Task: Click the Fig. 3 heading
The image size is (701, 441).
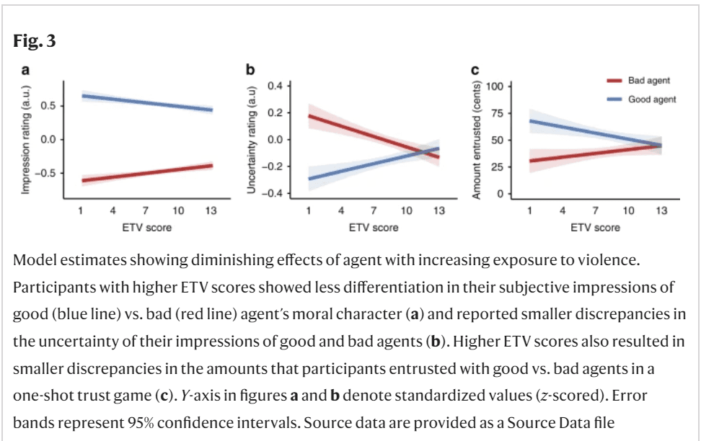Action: click(35, 42)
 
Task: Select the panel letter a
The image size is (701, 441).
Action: click(25, 70)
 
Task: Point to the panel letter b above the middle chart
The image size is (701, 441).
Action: click(250, 70)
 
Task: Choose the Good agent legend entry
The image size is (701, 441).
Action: click(651, 99)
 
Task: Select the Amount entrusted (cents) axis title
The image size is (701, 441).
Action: click(477, 140)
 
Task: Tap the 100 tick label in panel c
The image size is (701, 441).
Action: click(495, 86)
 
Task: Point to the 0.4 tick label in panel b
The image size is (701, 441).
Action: click(274, 86)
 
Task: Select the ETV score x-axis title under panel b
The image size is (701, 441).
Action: click(373, 228)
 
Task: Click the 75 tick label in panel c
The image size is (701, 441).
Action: click(497, 113)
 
